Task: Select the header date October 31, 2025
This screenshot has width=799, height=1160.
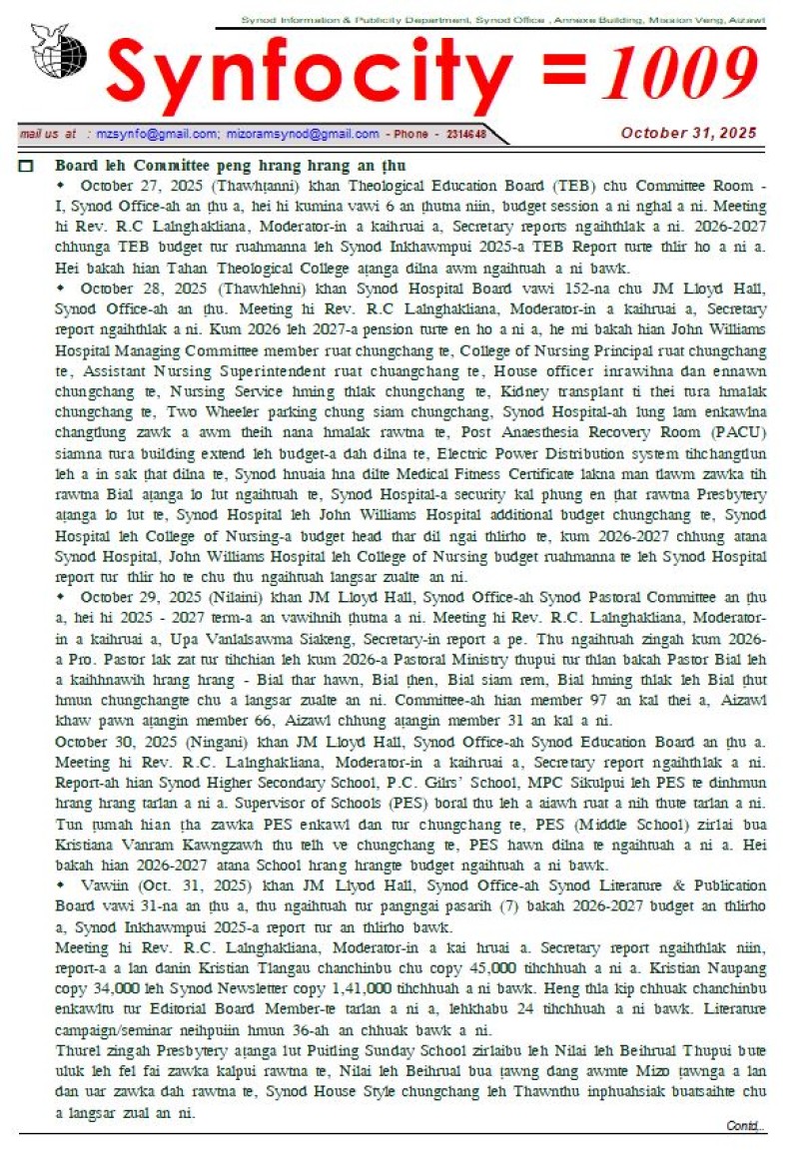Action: (688, 133)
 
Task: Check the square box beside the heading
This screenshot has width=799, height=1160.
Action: (27, 166)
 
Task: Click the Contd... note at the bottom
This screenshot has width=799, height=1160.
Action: (746, 1126)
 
